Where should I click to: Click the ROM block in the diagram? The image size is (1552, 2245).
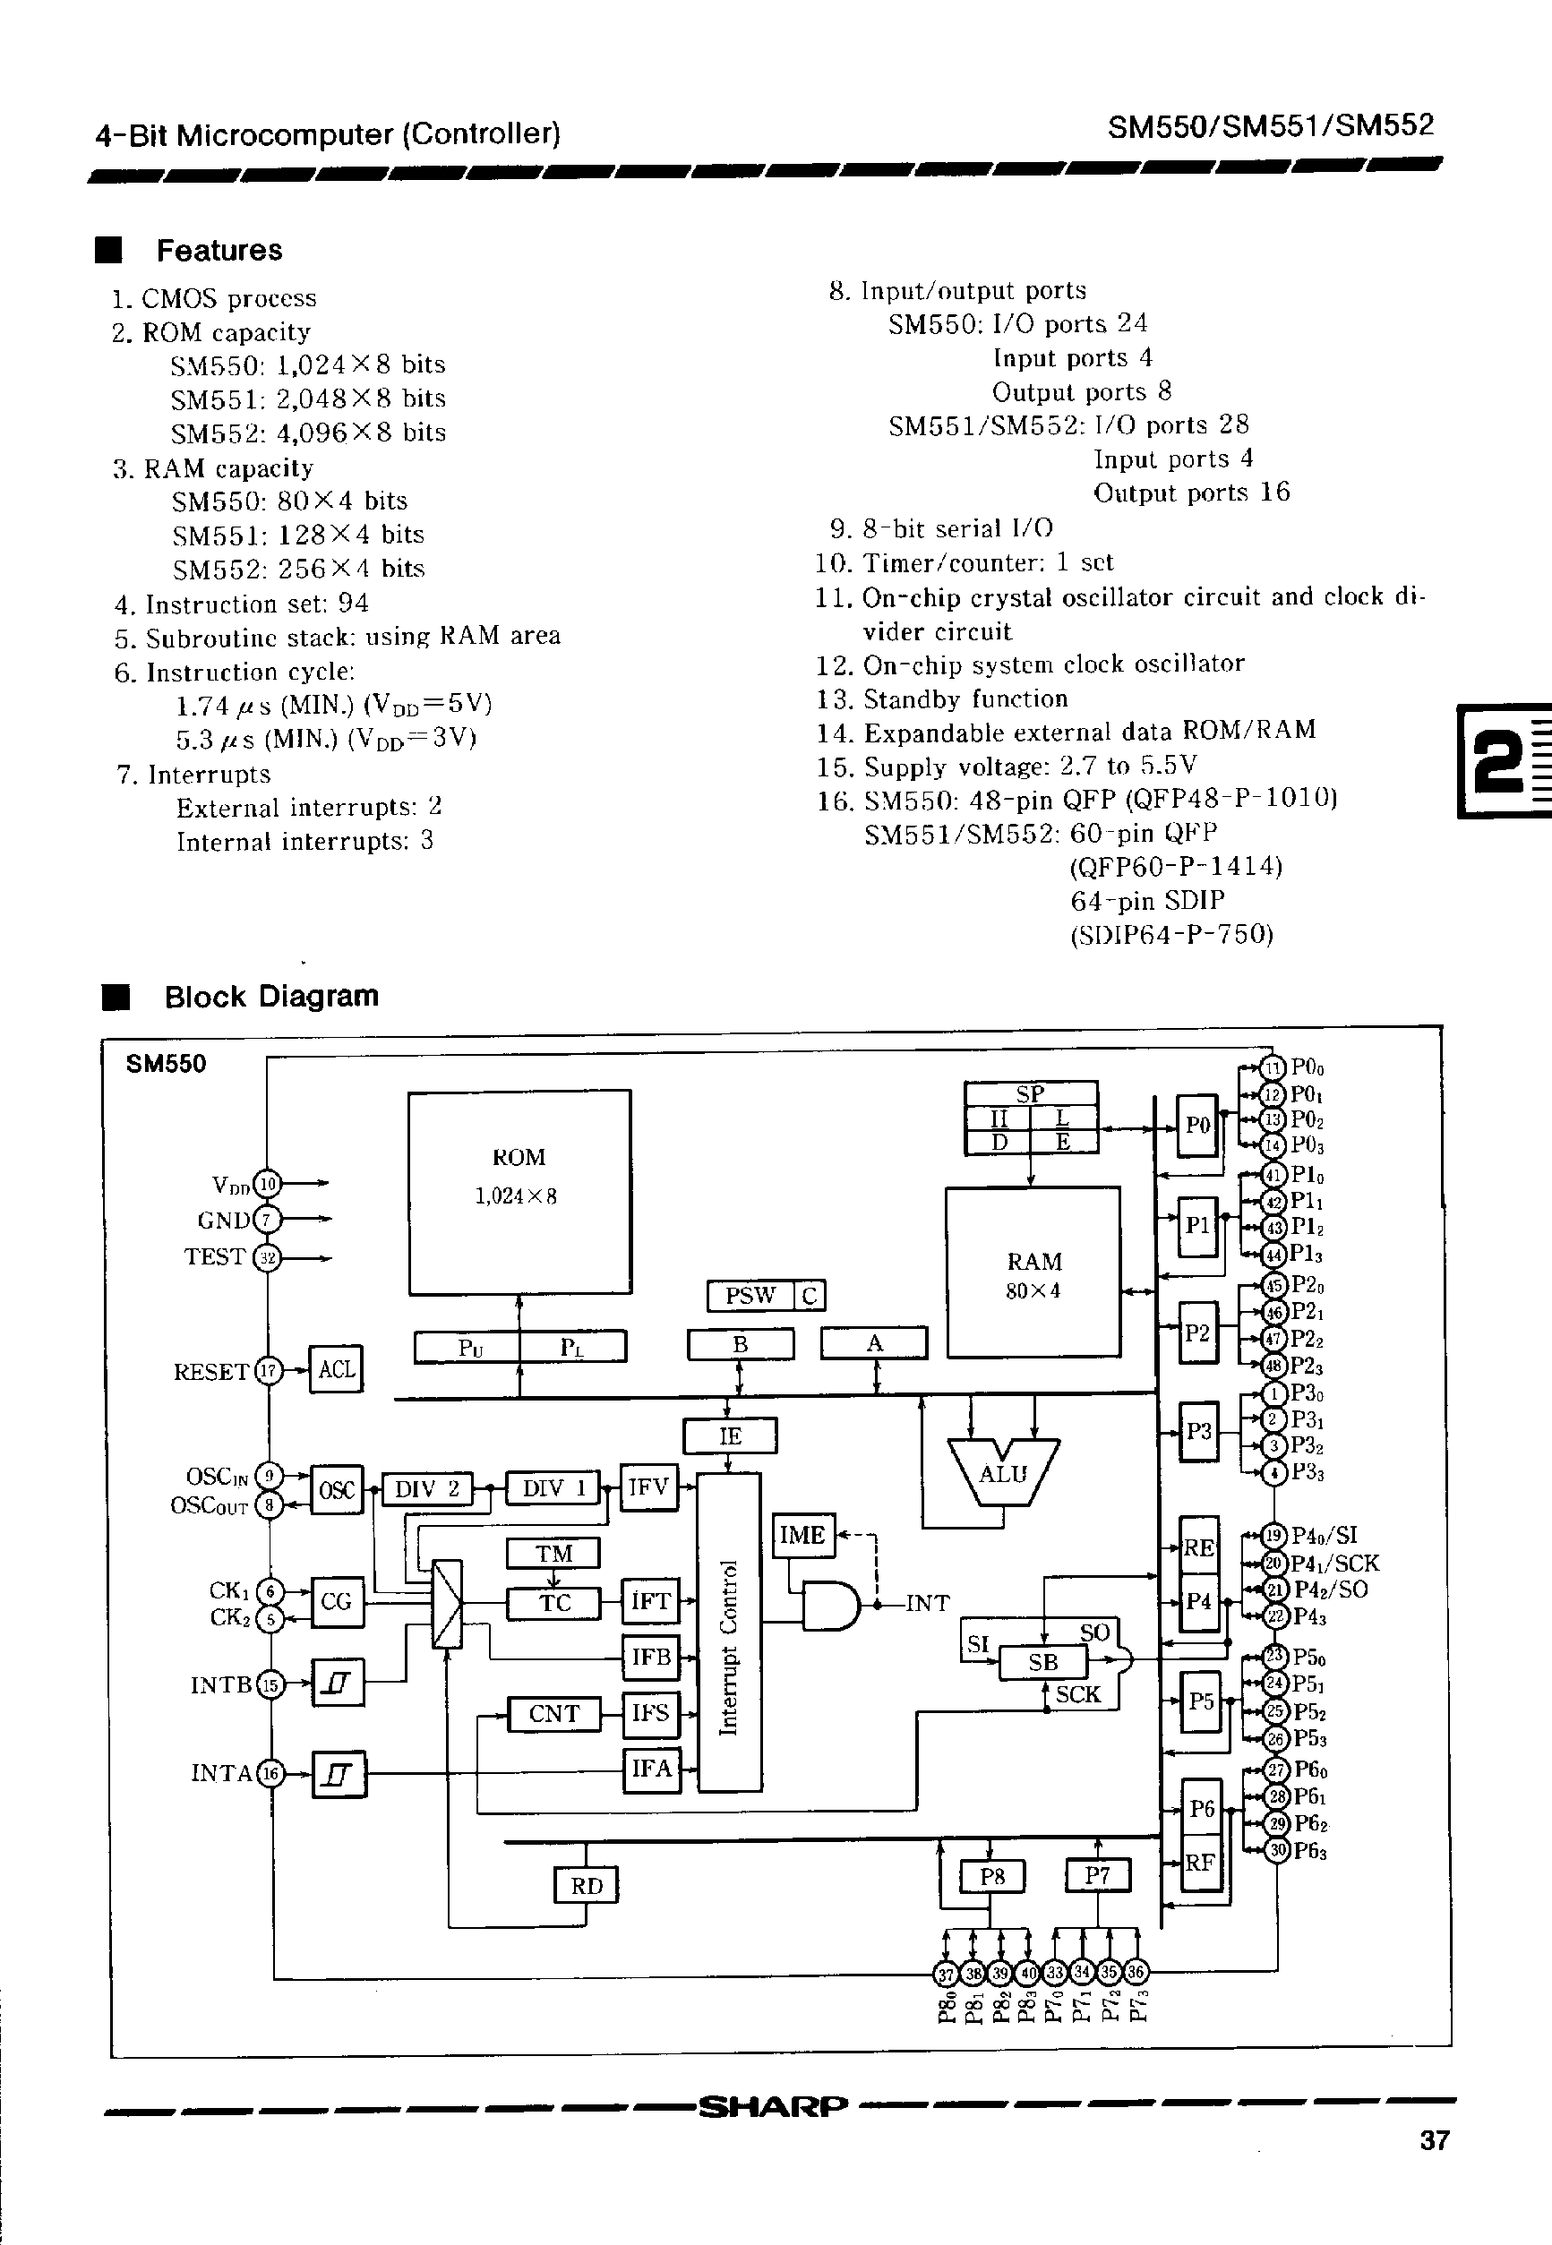click(x=519, y=1192)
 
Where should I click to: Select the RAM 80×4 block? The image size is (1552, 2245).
click(x=1033, y=1272)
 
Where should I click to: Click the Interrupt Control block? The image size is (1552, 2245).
click(x=729, y=1632)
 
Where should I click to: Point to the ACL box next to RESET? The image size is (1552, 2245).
click(x=336, y=1369)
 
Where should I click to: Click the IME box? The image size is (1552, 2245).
click(x=803, y=1535)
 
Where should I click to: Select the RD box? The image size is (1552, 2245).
click(x=587, y=1885)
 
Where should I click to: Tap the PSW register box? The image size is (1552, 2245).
click(x=750, y=1295)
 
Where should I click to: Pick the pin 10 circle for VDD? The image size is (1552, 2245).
click(x=268, y=1183)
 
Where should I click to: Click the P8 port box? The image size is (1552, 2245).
click(x=992, y=1875)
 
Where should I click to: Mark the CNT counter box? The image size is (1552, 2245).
click(x=553, y=1713)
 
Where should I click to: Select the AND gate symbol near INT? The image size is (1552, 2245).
click(x=829, y=1606)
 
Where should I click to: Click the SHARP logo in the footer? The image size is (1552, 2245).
click(x=773, y=2106)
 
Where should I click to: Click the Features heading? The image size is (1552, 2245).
click(x=219, y=250)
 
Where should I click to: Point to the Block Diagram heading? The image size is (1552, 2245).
click(x=270, y=996)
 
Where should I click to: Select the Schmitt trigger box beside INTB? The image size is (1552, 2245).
click(x=338, y=1682)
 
